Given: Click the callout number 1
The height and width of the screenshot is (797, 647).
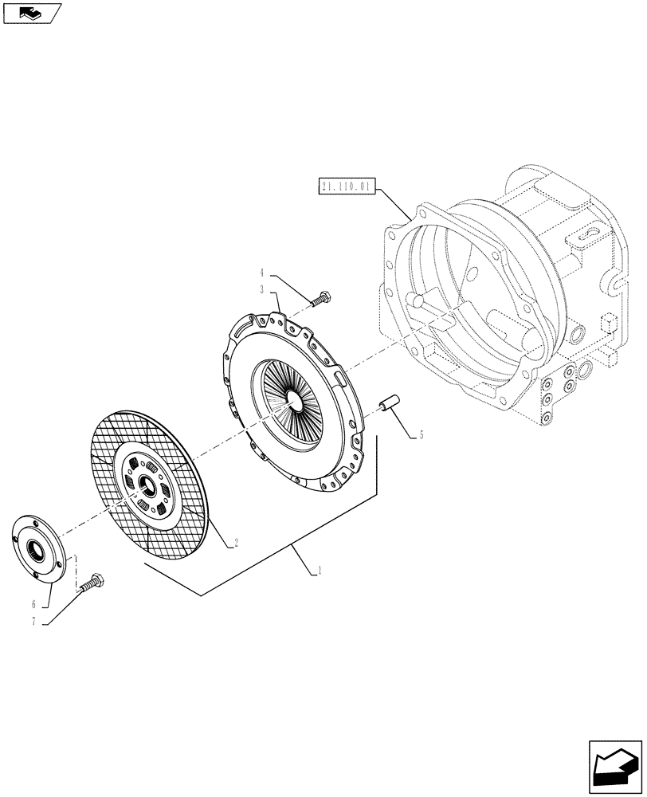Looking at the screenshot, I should click(320, 571).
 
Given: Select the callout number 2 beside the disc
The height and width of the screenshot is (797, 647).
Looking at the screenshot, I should click(236, 546).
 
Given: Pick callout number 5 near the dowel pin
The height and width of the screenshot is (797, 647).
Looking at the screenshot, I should click(422, 435).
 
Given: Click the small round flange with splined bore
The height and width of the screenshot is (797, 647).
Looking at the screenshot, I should click(37, 547).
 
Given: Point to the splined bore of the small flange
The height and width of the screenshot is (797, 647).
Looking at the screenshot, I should click(36, 548).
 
